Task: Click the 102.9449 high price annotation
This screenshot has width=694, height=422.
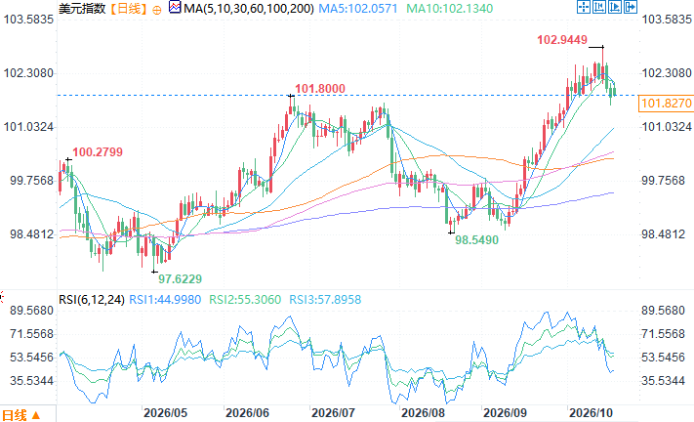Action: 562,40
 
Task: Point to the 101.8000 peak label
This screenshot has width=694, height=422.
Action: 320,89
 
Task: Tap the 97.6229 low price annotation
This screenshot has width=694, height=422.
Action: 181,279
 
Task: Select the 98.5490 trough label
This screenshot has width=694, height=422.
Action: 476,240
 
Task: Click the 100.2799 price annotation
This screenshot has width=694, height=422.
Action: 98,152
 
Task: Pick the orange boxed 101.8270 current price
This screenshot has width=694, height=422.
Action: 666,104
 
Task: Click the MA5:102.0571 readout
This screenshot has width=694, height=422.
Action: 358,9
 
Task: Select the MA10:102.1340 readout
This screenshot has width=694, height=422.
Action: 450,9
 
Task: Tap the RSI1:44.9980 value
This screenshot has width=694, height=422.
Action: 165,300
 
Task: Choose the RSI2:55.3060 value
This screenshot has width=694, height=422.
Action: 245,300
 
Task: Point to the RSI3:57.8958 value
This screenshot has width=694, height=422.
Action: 325,300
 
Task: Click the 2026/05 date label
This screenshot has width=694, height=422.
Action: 166,413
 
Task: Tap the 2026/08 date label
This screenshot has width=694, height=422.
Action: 423,413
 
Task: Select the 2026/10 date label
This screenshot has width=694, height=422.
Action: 591,413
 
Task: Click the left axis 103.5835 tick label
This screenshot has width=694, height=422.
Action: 28,20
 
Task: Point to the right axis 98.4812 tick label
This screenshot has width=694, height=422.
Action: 664,234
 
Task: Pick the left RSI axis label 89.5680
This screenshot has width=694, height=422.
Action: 32,311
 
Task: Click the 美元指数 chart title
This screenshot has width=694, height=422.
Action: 82,9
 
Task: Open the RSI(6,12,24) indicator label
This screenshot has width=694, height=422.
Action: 92,300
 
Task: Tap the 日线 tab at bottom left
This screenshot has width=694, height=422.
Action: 15,415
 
